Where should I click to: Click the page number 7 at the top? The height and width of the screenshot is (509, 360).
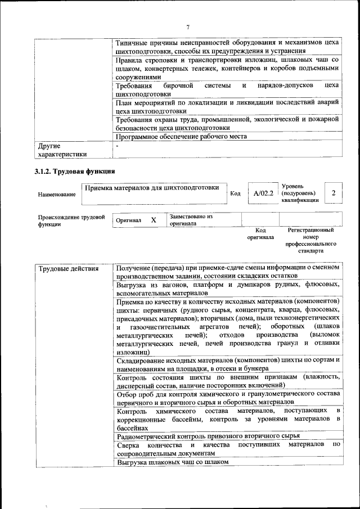coord(188,27)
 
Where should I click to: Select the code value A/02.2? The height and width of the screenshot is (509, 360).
coord(263,193)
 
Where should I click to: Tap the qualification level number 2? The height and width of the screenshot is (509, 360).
coord(334,193)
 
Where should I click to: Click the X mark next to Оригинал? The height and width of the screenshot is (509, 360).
coord(153,221)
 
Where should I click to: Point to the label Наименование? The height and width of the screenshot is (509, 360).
coord(57,195)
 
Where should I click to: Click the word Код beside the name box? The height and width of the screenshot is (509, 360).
coord(236,193)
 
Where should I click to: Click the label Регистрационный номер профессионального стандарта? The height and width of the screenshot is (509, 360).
coord(310,241)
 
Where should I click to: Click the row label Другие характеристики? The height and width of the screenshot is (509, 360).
coord(62,150)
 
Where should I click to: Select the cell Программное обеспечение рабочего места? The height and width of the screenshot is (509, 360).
coord(181,136)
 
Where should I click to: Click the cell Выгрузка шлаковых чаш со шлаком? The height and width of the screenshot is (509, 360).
coord(173,462)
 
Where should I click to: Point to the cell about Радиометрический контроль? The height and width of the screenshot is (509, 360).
coord(208,436)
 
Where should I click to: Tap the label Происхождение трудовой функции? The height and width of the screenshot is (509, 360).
coord(71,220)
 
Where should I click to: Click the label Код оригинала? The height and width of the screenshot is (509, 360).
coord(260,233)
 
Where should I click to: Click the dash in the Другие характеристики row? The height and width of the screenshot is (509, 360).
coord(117,146)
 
